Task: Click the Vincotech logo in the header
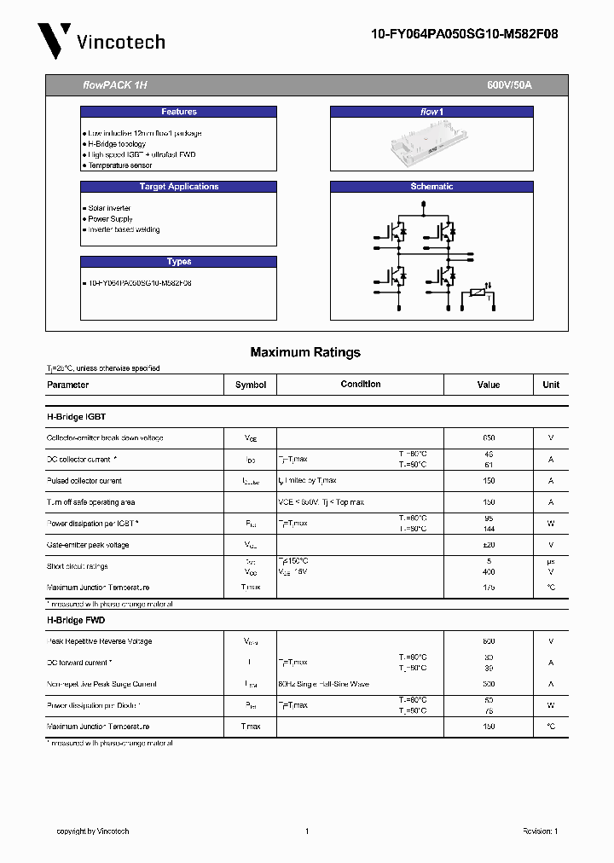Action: click(101, 41)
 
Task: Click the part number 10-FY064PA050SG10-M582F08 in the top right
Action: click(465, 35)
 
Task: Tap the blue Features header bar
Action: click(178, 112)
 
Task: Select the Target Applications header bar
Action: click(178, 187)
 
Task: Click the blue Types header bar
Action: click(178, 262)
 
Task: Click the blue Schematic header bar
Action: click(432, 187)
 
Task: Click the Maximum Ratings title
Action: click(305, 352)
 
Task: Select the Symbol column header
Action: click(251, 385)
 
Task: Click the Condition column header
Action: click(361, 385)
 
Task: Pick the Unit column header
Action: click(551, 385)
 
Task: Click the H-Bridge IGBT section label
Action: click(76, 417)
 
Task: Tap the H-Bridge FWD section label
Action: click(75, 621)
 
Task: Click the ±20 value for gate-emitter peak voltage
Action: click(489, 545)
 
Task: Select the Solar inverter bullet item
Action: click(109, 208)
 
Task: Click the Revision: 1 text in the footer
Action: click(540, 831)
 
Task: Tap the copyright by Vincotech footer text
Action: click(92, 831)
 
